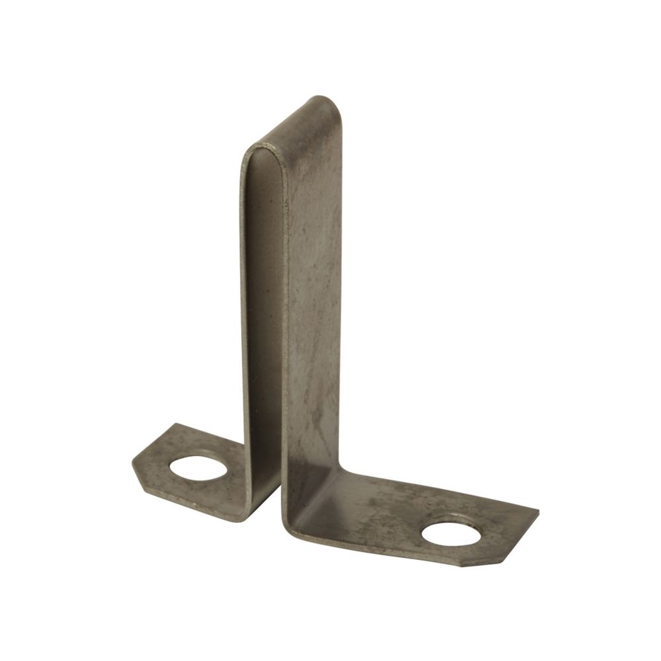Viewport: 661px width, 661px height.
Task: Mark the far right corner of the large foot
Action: pos(536,512)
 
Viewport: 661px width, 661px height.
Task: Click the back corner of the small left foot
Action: pos(173,425)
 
